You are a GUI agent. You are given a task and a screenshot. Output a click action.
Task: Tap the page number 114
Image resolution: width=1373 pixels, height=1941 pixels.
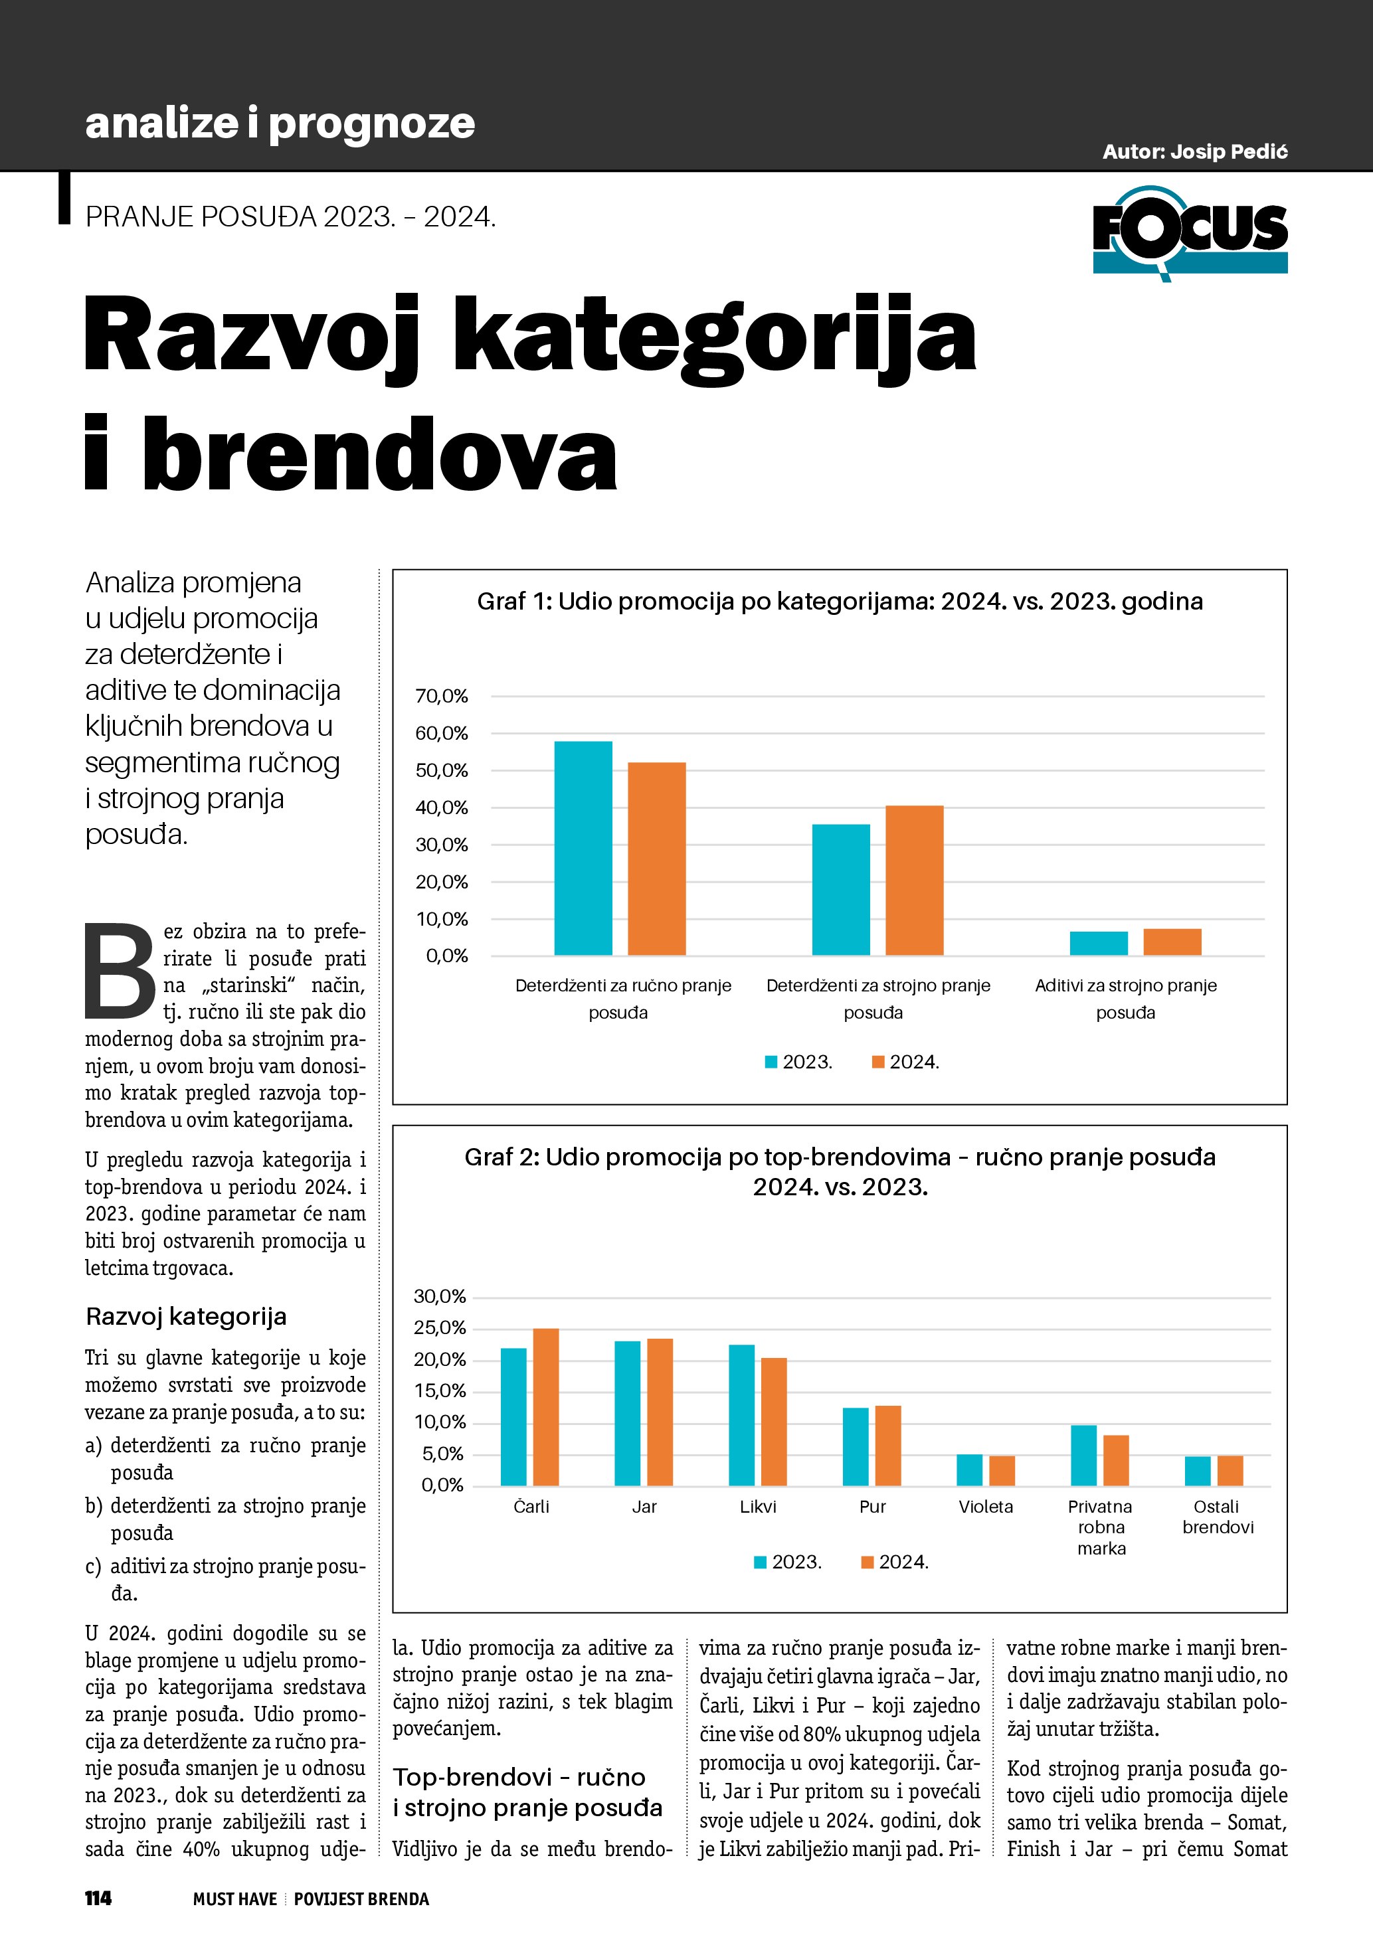98,1898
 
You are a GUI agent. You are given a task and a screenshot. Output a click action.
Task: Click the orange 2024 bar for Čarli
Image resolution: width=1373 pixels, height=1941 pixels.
545,1406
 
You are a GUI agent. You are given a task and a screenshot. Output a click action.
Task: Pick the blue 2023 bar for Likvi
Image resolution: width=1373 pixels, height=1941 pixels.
741,1414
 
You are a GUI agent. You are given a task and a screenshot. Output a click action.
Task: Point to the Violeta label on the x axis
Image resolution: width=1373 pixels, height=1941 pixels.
986,1507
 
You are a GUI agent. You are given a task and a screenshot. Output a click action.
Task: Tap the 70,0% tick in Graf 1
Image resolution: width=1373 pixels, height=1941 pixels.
441,696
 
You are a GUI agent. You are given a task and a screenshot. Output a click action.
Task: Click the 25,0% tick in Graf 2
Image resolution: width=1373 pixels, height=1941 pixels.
440,1328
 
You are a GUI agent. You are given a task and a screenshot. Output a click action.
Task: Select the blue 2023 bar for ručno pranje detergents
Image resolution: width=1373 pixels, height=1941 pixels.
583,848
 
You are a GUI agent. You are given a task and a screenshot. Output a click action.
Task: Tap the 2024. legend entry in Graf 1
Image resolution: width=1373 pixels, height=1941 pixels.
905,1062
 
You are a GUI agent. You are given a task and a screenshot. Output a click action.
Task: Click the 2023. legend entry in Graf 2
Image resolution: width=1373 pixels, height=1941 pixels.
788,1562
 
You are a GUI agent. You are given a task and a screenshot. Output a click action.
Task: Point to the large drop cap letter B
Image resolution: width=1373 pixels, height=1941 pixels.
120,972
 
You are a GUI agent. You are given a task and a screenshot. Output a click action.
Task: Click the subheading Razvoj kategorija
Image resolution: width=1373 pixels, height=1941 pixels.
186,1316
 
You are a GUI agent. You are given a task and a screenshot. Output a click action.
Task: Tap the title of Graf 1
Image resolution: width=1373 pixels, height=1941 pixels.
840,601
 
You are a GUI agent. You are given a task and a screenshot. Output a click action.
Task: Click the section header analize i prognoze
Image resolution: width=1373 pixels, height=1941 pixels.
280,124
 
